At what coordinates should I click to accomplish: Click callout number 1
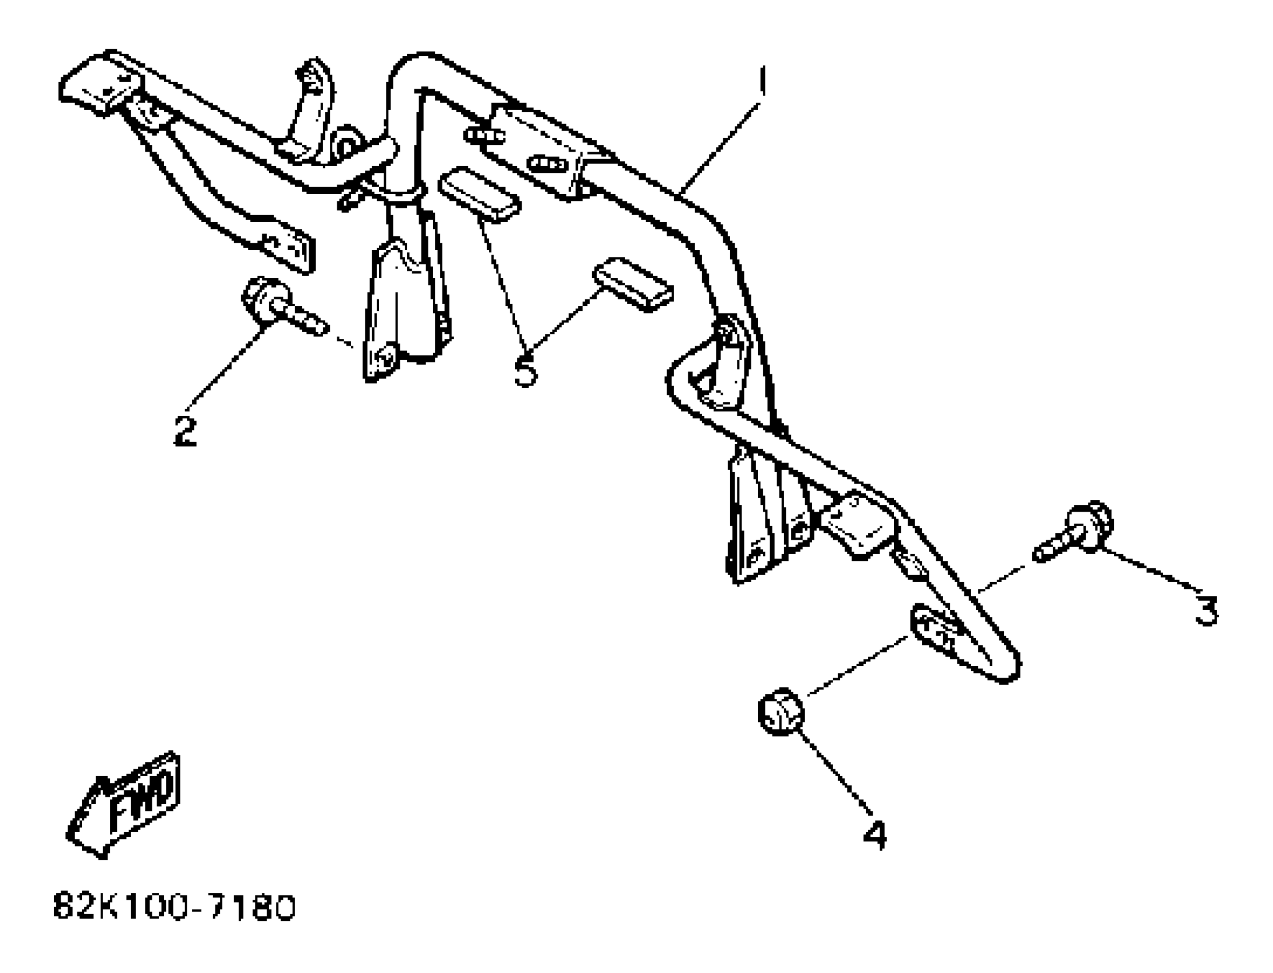(763, 81)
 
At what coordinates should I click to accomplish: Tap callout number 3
(1207, 611)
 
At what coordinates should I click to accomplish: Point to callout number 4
(875, 834)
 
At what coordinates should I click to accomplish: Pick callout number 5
(526, 371)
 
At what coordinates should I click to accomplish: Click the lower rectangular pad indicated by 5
(633, 284)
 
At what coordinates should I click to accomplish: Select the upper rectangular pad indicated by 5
(479, 194)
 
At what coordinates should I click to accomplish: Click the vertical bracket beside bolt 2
(400, 307)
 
